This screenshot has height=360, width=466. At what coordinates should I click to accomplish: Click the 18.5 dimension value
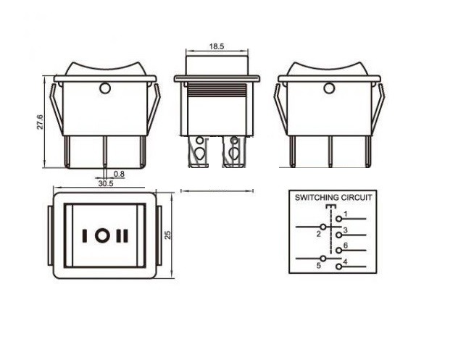point(217,46)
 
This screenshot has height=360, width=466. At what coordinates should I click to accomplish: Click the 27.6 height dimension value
point(40,122)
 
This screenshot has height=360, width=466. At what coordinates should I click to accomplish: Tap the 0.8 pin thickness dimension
point(119,174)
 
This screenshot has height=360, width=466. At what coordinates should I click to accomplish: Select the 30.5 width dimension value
point(106,183)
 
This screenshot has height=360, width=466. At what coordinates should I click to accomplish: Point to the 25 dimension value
point(168,235)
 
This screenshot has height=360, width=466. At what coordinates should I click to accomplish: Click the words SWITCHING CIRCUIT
point(333,198)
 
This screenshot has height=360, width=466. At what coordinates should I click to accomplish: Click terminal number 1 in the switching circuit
point(346,214)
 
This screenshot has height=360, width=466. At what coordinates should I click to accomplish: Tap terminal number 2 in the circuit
point(319,234)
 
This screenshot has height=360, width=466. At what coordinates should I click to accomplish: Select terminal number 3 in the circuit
point(346,230)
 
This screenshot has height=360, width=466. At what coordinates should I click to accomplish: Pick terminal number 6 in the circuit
point(346,246)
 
